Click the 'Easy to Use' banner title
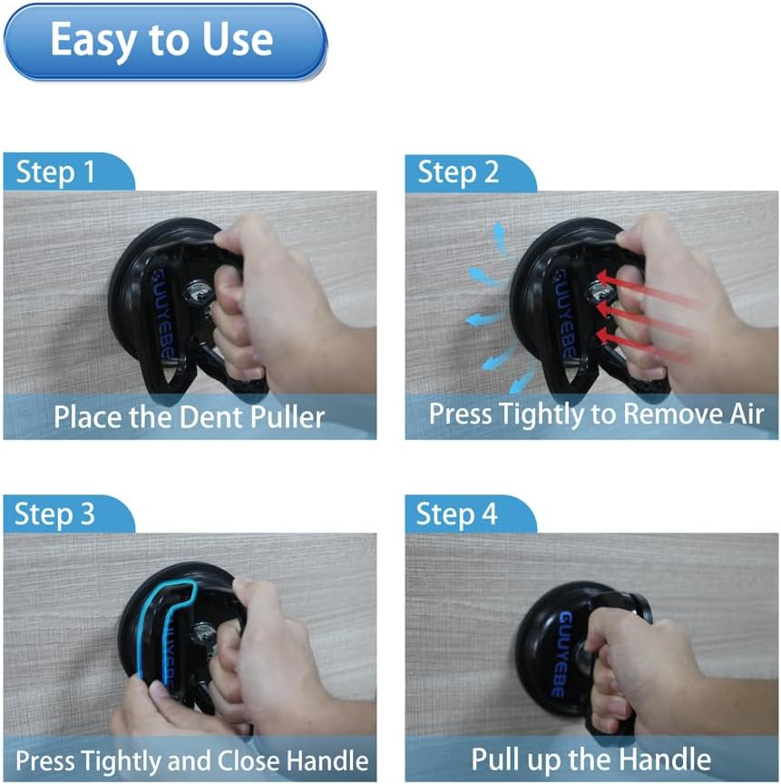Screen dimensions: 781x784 [161, 41]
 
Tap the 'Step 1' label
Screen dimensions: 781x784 [55, 172]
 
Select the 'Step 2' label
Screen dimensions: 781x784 [458, 173]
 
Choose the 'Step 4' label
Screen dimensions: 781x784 [456, 514]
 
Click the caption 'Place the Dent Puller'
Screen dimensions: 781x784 [189, 417]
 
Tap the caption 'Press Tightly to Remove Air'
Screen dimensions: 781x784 [596, 415]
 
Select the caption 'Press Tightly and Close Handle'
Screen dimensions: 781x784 [192, 761]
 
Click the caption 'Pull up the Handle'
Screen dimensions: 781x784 [591, 759]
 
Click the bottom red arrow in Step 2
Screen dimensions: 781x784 [645, 344]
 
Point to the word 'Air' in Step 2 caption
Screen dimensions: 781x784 [747, 414]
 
